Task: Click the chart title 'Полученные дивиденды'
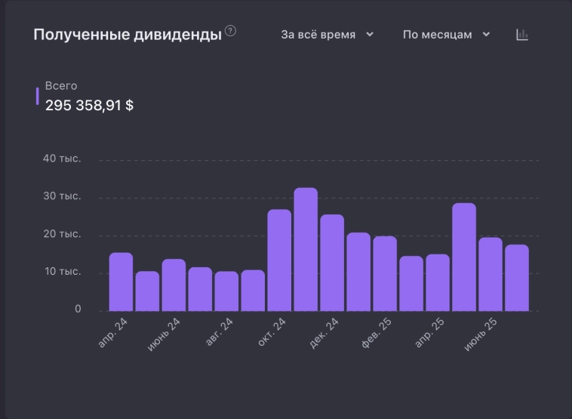(x=128, y=35)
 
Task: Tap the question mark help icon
(x=231, y=31)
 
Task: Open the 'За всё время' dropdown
(x=327, y=35)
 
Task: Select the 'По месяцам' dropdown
(x=446, y=35)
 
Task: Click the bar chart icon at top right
(x=522, y=35)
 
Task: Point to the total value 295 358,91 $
(x=89, y=106)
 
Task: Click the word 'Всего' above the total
(x=61, y=86)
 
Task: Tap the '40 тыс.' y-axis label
(x=62, y=159)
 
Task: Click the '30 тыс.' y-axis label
(x=62, y=197)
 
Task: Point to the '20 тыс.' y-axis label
(x=62, y=234)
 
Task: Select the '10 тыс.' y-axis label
(x=62, y=272)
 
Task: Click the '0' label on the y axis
(x=78, y=309)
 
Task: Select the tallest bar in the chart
(x=306, y=249)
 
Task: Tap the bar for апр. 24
(x=121, y=282)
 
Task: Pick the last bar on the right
(x=517, y=278)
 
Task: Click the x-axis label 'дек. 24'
(x=324, y=333)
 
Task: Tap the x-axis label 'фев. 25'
(x=375, y=333)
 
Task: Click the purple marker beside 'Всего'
(x=38, y=96)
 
